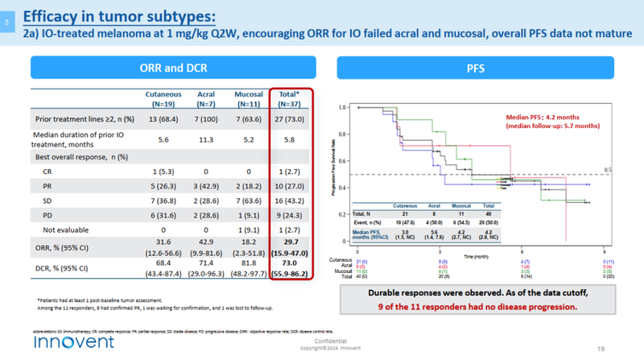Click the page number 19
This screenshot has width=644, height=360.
pyautogui.click(x=623, y=348)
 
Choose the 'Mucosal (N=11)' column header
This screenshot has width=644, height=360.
pyautogui.click(x=246, y=98)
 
